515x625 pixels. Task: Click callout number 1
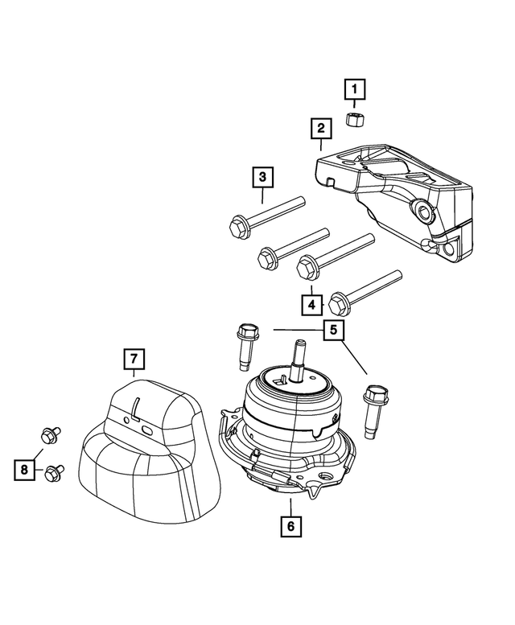click(355, 87)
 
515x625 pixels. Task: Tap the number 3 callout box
click(262, 175)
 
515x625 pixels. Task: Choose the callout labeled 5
click(332, 330)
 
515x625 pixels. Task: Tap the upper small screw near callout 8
click(47, 436)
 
